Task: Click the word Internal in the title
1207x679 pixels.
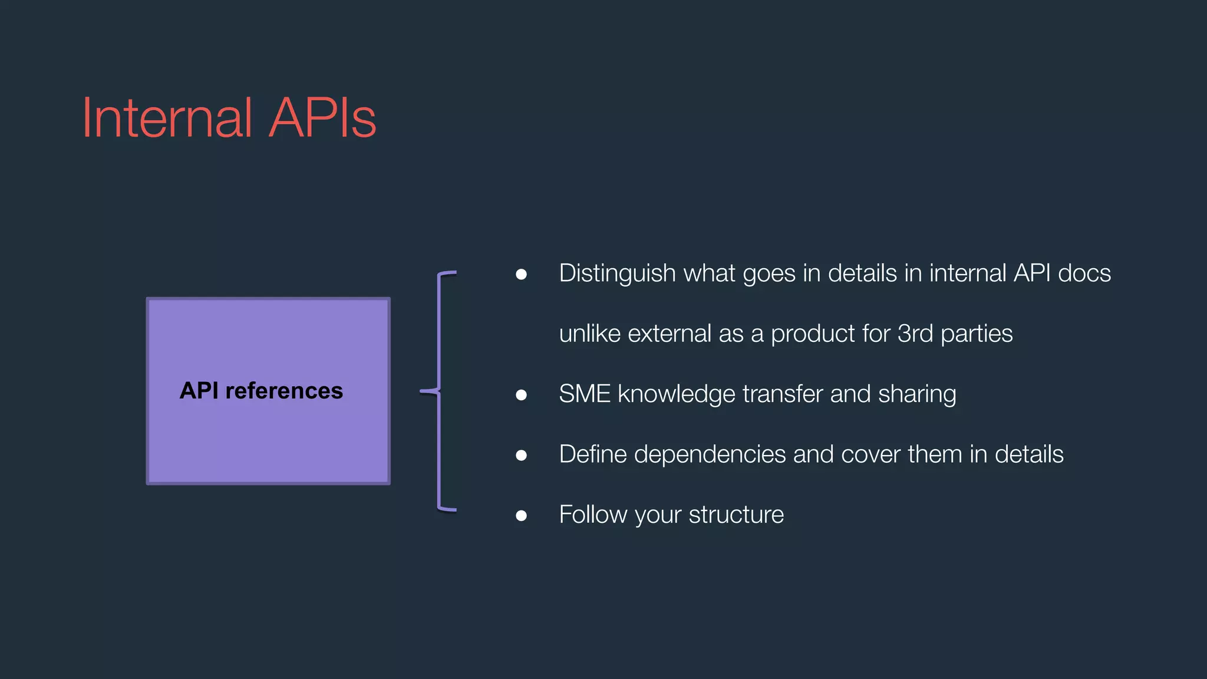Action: pyautogui.click(x=167, y=118)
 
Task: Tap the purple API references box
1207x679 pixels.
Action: pyautogui.click(x=268, y=436)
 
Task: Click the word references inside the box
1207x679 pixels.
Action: pyautogui.click(x=283, y=391)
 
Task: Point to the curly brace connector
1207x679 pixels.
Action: pyautogui.click(x=440, y=391)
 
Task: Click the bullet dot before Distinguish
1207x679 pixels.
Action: pyautogui.click(x=521, y=274)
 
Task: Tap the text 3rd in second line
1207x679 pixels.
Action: pyautogui.click(x=915, y=334)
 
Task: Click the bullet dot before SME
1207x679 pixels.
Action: pyautogui.click(x=521, y=395)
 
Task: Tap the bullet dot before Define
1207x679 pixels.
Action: pyautogui.click(x=521, y=455)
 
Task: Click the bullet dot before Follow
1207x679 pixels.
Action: pyautogui.click(x=521, y=516)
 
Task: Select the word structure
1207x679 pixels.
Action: pyautogui.click(x=736, y=515)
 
